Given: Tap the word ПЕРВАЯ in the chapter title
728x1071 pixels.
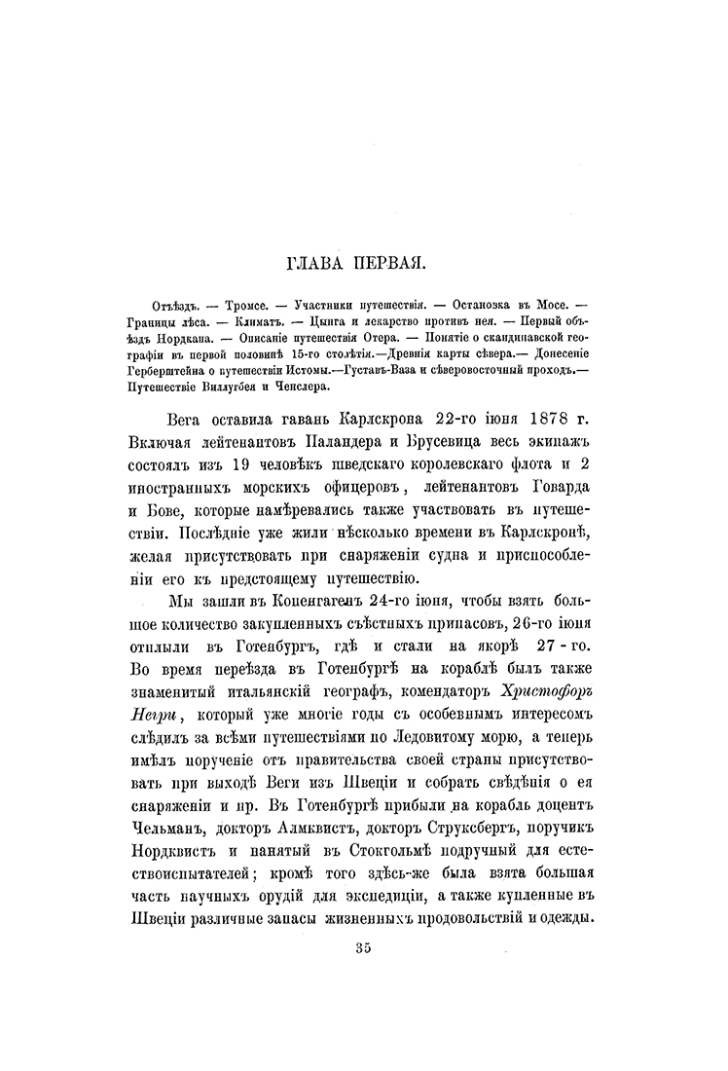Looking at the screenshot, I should click(x=399, y=262).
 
